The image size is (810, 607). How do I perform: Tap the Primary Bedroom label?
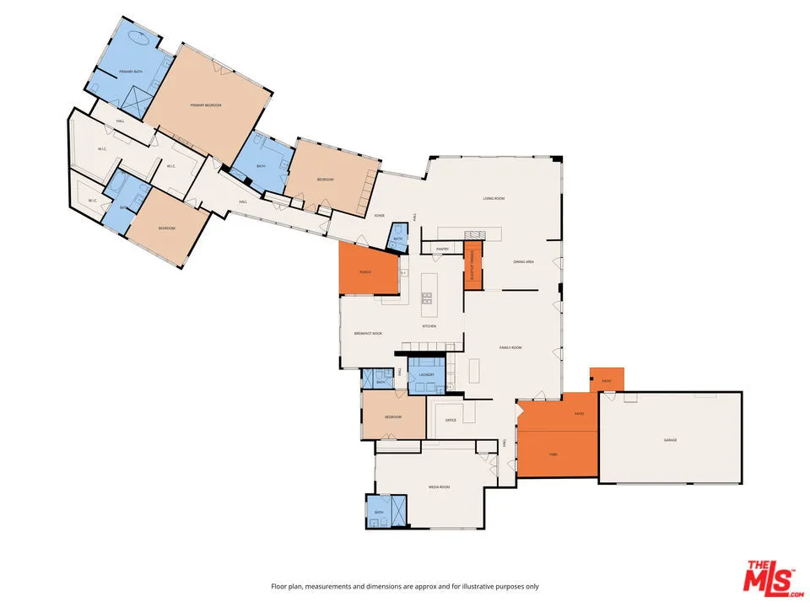coord(206,105)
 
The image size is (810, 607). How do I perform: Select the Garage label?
coord(670,440)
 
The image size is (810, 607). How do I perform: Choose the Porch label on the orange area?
coord(365,272)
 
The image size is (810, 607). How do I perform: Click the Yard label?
coord(553,454)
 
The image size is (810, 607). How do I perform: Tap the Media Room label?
coord(439,487)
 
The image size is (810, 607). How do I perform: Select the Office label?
coord(451,419)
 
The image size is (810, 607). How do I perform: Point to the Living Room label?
coord(494,198)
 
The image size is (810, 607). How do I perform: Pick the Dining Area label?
coord(524,262)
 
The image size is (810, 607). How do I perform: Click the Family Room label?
coord(510,347)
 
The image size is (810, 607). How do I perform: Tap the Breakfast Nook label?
coord(368,334)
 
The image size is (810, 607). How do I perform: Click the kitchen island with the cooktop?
coord(428,292)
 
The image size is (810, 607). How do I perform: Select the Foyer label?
coord(380,216)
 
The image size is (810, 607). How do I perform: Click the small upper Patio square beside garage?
coord(606,379)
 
